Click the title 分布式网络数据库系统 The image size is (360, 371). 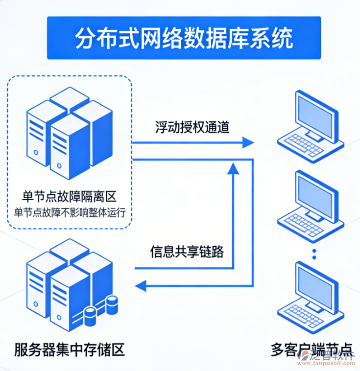coord(184,39)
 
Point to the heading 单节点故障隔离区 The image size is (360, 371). coord(69,197)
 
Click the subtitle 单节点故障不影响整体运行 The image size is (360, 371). coord(70,212)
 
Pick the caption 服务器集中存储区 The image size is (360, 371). coord(69,349)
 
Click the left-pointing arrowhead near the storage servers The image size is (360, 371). coord(142,284)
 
